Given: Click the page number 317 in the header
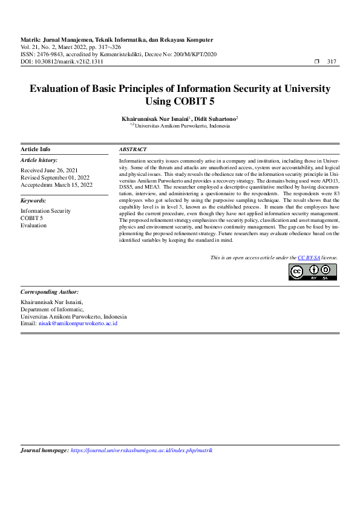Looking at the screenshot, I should (x=332, y=62).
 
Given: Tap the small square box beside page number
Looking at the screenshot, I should (x=318, y=62).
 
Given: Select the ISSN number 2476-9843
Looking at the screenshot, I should (x=49, y=54).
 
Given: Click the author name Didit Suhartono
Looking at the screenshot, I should (x=216, y=120).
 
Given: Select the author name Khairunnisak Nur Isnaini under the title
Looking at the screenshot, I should (x=155, y=120).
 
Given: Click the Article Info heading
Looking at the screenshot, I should (x=36, y=149).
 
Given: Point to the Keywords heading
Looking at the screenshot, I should (x=33, y=200).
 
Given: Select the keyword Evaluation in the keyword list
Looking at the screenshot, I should (x=33, y=225).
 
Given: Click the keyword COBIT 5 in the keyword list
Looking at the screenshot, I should (x=31, y=218).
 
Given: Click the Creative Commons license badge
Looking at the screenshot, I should (x=312, y=273).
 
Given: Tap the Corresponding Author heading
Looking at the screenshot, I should (x=50, y=291).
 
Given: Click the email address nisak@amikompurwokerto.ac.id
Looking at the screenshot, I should (x=77, y=323).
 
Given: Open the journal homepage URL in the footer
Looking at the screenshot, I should (x=142, y=450).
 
